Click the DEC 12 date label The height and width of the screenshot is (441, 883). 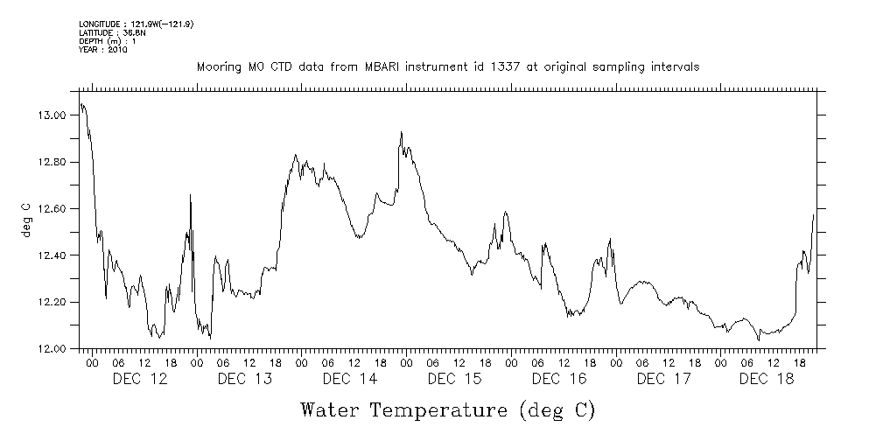pos(140,379)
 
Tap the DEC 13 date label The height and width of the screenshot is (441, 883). pos(245,379)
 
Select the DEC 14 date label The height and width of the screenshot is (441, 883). pos(350,379)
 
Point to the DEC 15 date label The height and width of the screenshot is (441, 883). pos(455,379)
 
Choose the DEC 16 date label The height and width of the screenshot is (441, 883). pos(560,379)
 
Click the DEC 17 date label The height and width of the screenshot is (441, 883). pos(665,379)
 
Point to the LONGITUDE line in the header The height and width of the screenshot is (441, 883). pos(136,24)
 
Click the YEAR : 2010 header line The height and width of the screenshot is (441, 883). pos(103,50)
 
